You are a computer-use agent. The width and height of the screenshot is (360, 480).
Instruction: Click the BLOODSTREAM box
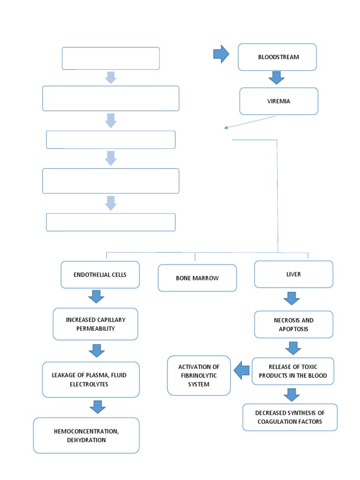[277, 57]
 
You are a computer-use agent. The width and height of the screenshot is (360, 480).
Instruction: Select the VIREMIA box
[278, 101]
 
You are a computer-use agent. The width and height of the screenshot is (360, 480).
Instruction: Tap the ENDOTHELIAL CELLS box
[100, 275]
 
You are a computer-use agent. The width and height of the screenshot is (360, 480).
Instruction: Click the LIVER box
[293, 274]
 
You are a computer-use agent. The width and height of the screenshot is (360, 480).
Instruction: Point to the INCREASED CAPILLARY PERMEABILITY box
[96, 324]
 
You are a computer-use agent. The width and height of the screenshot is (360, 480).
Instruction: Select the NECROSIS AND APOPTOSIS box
[293, 324]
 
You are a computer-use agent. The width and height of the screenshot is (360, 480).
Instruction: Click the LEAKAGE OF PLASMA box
[91, 379]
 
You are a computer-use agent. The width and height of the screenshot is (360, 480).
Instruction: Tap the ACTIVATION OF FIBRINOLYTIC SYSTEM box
[199, 375]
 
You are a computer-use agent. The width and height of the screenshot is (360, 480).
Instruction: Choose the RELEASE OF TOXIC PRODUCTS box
[293, 371]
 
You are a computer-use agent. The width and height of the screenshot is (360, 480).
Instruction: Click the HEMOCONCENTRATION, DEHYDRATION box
[86, 435]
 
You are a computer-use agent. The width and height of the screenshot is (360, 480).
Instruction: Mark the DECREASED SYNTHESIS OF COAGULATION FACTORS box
[290, 417]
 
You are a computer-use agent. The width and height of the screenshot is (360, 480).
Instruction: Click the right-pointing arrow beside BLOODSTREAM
[221, 55]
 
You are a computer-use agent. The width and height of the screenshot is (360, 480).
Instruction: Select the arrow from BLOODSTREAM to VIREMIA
[277, 78]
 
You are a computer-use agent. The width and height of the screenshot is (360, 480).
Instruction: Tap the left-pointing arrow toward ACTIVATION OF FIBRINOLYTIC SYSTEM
[242, 371]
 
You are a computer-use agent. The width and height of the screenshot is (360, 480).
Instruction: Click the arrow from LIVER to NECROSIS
[292, 298]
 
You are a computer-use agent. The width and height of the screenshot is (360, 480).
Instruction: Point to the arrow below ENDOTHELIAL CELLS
[96, 297]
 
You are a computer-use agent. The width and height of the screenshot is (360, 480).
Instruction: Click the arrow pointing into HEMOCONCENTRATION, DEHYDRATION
[97, 406]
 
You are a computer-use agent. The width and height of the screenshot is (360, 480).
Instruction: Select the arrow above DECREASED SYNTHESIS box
[291, 395]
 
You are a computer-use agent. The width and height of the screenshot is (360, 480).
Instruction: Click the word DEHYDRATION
[86, 440]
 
